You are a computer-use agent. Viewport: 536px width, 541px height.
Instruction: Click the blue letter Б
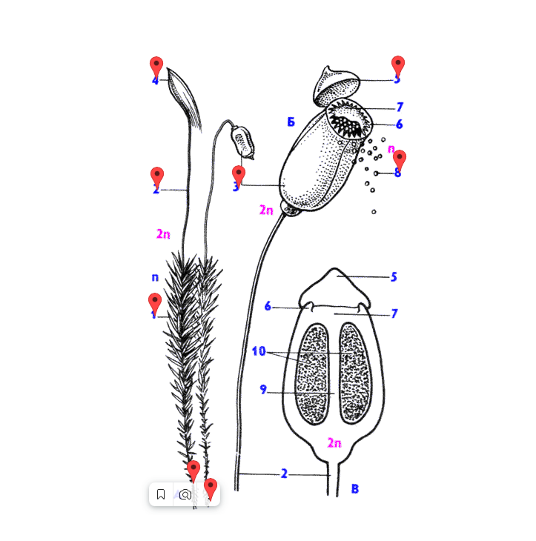point(291,122)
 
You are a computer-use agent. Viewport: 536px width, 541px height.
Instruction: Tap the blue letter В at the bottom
point(355,488)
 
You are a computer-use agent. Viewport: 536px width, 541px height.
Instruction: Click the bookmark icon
point(161,494)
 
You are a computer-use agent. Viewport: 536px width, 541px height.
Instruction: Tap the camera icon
point(185,494)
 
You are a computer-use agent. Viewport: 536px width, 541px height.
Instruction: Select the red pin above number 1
point(155,301)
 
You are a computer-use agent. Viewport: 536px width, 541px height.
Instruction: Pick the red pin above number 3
point(238,173)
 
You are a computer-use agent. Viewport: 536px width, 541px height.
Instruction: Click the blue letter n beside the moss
point(155,277)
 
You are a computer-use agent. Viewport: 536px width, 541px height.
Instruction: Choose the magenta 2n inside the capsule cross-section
point(334,443)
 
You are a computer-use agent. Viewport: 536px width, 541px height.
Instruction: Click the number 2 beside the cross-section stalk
point(284,473)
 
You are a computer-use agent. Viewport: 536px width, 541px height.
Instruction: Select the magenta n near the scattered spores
point(391,148)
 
